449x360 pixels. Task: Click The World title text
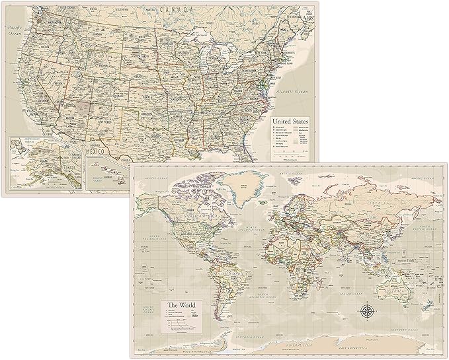pos(181,305)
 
